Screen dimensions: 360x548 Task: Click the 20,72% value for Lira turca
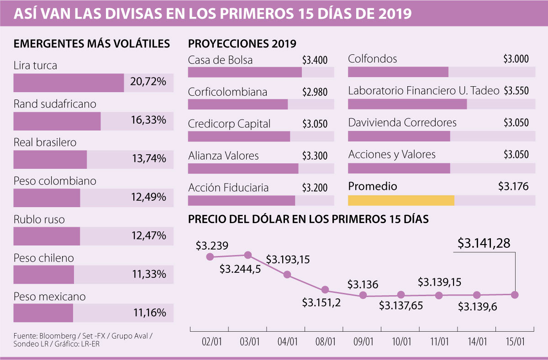click(x=148, y=83)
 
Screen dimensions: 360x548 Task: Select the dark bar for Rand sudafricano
click(x=57, y=121)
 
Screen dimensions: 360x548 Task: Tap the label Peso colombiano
click(x=55, y=181)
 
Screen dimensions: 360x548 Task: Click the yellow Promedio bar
click(x=401, y=200)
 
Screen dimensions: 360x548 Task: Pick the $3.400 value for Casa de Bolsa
click(x=315, y=60)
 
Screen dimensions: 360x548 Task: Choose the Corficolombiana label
click(x=227, y=92)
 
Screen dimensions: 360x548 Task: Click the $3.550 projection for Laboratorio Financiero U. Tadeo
click(x=516, y=91)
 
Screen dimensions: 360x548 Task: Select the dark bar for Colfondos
click(x=398, y=72)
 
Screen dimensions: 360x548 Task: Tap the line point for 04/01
click(x=287, y=275)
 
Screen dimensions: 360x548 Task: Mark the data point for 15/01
click(x=515, y=295)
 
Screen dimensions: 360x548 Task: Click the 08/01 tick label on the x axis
click(x=326, y=341)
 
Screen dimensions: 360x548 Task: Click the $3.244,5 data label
click(x=240, y=269)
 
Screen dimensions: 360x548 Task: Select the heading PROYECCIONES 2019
click(x=242, y=44)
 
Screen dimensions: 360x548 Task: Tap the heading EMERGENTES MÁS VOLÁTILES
click(x=92, y=44)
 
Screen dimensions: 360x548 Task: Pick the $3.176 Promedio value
click(x=513, y=186)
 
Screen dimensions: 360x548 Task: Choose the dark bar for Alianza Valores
click(x=243, y=168)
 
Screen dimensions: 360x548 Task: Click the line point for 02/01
click(x=210, y=257)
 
